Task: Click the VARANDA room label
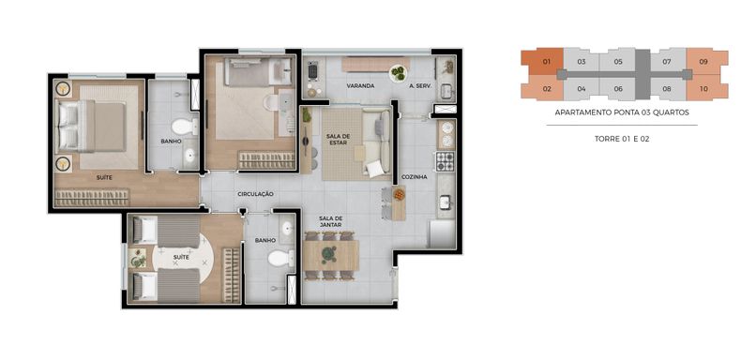360,86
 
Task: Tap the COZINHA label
416,177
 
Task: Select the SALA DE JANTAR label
330,221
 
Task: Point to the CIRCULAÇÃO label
255,194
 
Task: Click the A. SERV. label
420,86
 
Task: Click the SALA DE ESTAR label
338,140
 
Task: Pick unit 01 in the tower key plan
546,62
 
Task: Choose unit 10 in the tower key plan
703,88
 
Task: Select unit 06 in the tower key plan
618,88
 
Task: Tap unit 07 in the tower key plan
667,62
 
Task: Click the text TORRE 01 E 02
622,139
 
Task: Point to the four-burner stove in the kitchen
445,161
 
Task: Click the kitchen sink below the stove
445,202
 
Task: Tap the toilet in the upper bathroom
184,127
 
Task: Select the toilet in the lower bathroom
280,259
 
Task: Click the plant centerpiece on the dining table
330,253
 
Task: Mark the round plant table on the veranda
399,73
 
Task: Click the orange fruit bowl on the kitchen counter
399,194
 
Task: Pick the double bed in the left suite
92,126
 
